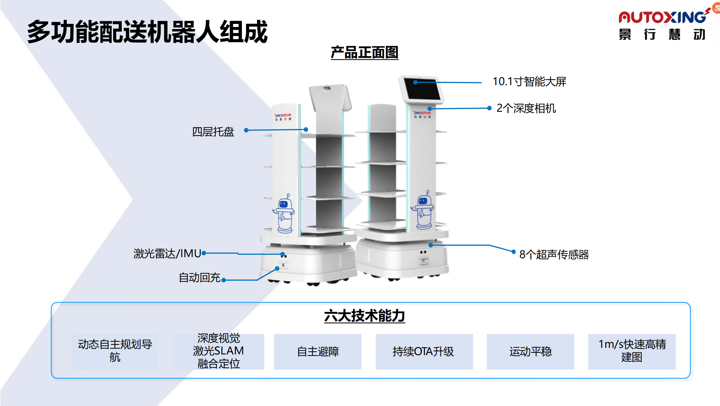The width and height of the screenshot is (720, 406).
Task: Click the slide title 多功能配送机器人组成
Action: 147,32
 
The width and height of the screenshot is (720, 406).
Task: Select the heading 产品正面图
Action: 364,53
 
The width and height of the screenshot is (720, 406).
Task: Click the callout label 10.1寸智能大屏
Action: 529,82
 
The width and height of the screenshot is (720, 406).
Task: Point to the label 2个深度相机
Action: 526,108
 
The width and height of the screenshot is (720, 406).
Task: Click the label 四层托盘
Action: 213,132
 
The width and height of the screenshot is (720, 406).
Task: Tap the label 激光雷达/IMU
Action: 167,254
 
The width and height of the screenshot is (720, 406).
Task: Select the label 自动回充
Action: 200,278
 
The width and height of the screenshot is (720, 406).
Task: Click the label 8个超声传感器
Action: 554,255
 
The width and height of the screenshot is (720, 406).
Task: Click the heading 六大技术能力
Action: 364,316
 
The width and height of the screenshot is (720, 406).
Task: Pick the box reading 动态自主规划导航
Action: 115,351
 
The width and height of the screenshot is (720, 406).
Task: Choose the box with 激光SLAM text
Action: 218,351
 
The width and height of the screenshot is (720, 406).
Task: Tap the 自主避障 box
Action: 318,352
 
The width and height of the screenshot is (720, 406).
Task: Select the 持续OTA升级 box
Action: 424,352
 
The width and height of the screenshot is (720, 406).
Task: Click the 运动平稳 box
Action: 530,352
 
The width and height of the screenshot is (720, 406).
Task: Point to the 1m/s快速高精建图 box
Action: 632,351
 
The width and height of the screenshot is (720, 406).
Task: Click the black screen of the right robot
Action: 422,89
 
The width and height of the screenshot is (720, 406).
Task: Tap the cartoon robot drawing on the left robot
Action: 284,214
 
